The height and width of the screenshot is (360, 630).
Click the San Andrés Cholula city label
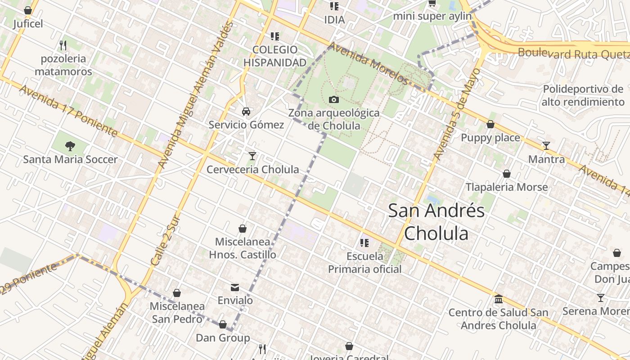(x=436, y=222)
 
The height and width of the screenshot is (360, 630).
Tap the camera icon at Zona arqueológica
(x=333, y=99)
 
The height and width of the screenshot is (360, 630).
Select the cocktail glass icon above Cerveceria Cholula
(x=252, y=156)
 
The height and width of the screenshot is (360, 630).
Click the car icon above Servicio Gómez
(x=246, y=111)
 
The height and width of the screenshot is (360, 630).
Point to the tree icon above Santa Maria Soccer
(x=70, y=146)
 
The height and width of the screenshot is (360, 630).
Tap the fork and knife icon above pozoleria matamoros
(x=63, y=45)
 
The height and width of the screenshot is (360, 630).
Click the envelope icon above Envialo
(x=235, y=288)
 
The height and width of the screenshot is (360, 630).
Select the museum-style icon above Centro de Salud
(x=498, y=299)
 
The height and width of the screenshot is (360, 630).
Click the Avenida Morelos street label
(x=368, y=63)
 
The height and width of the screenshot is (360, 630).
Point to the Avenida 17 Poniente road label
(x=68, y=111)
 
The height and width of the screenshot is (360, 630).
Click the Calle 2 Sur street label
(x=165, y=242)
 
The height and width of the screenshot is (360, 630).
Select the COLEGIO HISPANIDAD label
(x=275, y=56)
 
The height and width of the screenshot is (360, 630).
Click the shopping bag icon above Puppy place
(x=490, y=125)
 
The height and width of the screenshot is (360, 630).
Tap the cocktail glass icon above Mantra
(x=546, y=146)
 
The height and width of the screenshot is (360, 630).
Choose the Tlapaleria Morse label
(x=507, y=187)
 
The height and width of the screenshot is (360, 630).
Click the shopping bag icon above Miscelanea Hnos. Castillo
(x=243, y=229)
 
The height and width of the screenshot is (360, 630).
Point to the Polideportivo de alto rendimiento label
(x=583, y=95)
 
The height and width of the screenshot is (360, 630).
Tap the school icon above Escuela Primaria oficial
(x=364, y=243)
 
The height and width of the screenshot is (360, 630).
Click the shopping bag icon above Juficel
(x=28, y=10)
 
